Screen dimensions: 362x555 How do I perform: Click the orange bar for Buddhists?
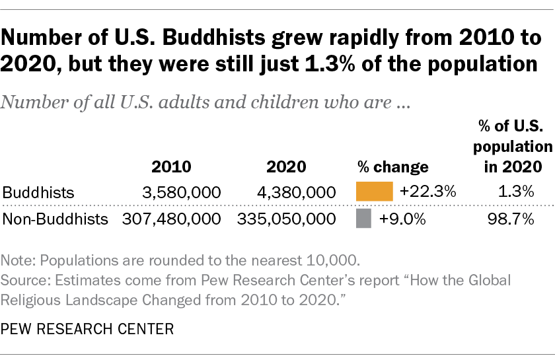click(x=375, y=192)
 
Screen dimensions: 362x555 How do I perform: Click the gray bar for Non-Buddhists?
click(x=361, y=219)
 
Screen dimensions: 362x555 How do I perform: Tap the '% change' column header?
click(x=392, y=166)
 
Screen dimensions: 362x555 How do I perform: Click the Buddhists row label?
click(x=39, y=192)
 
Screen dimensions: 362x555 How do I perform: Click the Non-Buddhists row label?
click(x=55, y=219)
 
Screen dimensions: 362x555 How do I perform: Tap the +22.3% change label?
click(x=427, y=192)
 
